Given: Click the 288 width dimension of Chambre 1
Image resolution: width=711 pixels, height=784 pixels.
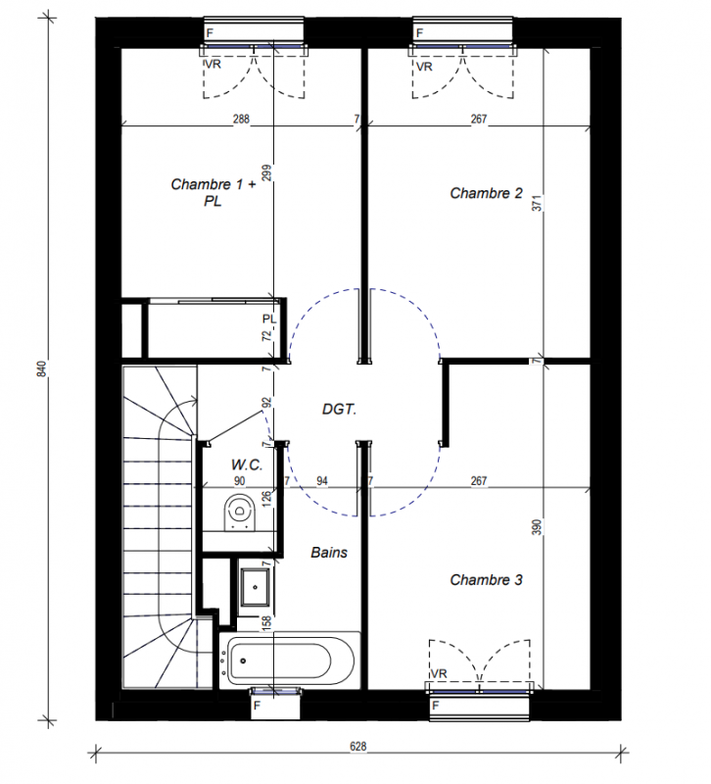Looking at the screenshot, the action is (x=243, y=120).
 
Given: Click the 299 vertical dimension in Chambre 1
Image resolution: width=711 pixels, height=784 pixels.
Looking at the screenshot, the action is (x=268, y=174).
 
